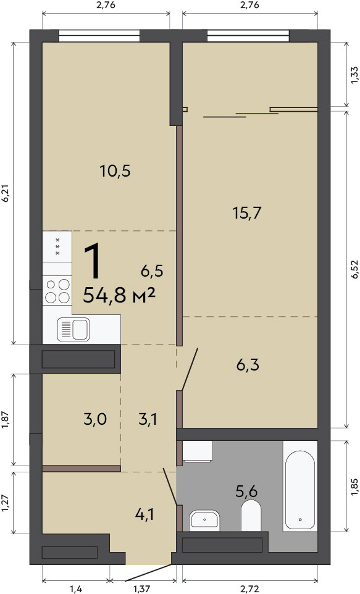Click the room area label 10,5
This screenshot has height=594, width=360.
tap(115, 171)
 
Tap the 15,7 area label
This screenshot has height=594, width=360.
tap(247, 213)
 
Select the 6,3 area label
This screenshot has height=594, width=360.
tap(248, 365)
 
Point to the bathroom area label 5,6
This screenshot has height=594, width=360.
tap(246, 492)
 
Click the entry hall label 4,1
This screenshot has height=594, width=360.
tap(144, 514)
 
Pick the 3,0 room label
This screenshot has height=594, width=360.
tap(95, 419)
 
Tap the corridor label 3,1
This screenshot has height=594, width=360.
tap(148, 419)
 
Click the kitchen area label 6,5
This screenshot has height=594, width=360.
tap(152, 271)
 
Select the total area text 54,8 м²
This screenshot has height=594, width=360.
tap(119, 295)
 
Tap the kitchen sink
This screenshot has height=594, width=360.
tap(73, 329)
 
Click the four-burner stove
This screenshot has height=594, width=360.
tap(57, 291)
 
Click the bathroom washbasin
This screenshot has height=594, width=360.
tap(204, 519)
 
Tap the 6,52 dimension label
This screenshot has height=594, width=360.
tap(354, 269)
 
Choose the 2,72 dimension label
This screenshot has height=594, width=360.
tap(250, 588)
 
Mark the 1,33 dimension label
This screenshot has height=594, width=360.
tap(354, 75)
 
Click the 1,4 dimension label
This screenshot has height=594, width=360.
tap(76, 588)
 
